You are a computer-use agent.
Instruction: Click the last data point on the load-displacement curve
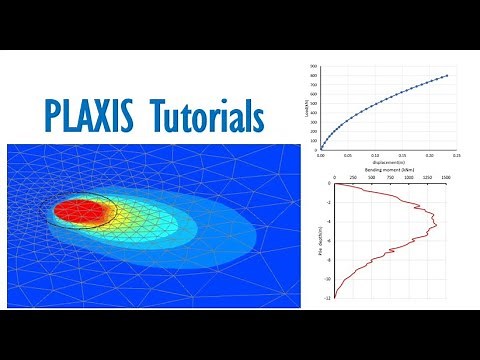pos(446,76)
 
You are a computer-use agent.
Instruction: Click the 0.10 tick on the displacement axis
pos(375,156)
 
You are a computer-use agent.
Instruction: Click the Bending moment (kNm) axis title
pos(388,168)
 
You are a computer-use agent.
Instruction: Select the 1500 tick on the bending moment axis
pos(446,176)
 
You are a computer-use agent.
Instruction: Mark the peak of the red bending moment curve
pos(438,226)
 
